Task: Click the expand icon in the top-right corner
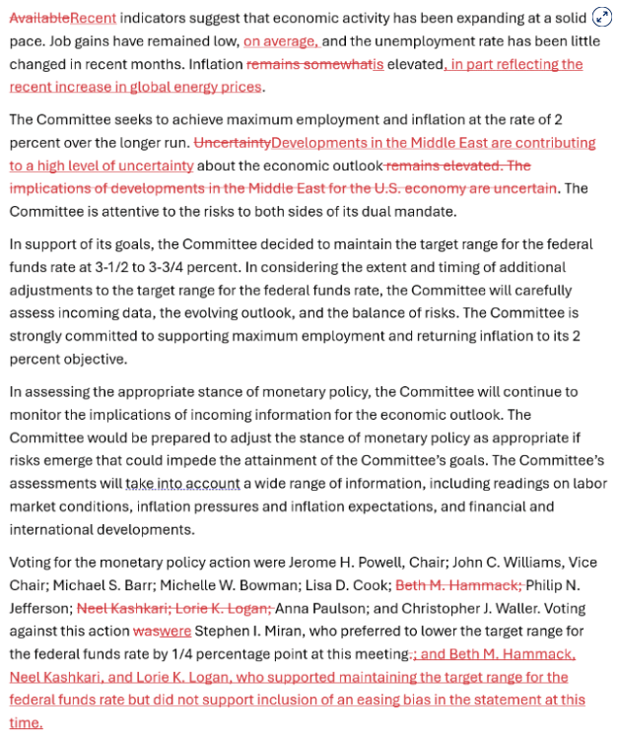(x=602, y=17)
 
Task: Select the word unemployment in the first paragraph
(x=429, y=40)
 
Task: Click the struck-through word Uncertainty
(x=233, y=143)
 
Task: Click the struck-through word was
(x=144, y=632)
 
